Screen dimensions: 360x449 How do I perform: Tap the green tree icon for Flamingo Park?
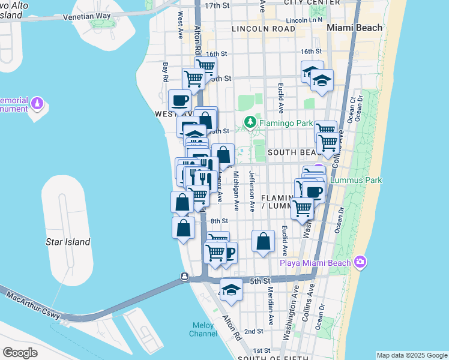click(x=250, y=124)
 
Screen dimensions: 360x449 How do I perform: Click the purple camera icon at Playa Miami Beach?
click(x=360, y=261)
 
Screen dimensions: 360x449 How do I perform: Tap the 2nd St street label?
click(x=254, y=331)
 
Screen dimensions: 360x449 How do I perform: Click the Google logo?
click(x=20, y=353)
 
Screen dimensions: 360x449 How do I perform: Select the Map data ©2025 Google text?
click(x=411, y=355)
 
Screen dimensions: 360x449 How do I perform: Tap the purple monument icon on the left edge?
click(x=37, y=104)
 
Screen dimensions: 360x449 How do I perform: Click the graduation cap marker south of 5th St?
click(x=231, y=291)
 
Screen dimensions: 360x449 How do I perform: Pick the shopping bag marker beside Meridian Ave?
click(x=263, y=242)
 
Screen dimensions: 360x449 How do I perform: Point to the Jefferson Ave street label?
click(x=252, y=193)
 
